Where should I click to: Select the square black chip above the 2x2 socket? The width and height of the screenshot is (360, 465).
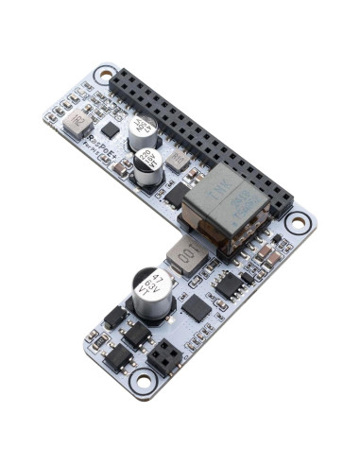195,308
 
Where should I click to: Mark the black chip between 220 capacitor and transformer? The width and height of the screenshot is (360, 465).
178,195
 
